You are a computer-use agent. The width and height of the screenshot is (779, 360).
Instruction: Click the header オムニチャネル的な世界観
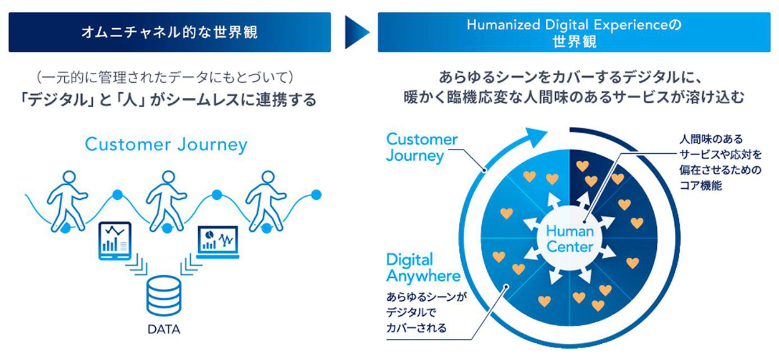[x=170, y=32]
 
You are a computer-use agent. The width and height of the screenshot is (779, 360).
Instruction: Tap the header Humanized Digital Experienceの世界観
[x=574, y=32]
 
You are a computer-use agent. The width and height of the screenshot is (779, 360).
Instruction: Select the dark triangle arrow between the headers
[x=357, y=32]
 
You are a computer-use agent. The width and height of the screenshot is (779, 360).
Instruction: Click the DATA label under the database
[x=164, y=329]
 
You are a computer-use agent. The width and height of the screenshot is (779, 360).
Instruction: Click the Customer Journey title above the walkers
[x=166, y=145]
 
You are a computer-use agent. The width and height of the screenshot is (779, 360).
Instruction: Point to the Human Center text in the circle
[x=570, y=239]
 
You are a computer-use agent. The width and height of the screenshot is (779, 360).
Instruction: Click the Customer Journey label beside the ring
[x=422, y=148]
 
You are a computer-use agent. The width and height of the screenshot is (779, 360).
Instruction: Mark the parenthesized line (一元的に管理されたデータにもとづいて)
[x=165, y=77]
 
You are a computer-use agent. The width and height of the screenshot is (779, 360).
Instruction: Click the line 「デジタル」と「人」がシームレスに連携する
[x=167, y=100]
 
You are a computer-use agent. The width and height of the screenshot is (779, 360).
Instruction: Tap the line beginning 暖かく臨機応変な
[x=573, y=98]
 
